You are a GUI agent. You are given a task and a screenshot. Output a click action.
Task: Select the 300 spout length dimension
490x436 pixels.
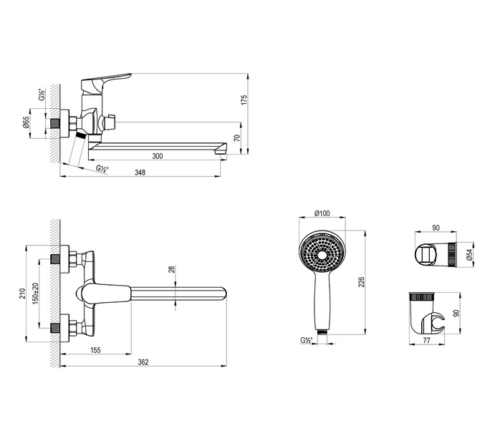157,155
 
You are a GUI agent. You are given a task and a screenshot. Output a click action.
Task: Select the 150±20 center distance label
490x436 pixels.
35,292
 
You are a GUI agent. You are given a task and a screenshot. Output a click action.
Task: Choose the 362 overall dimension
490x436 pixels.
143,362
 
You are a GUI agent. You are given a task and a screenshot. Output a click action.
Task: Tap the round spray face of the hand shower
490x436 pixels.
322,254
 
